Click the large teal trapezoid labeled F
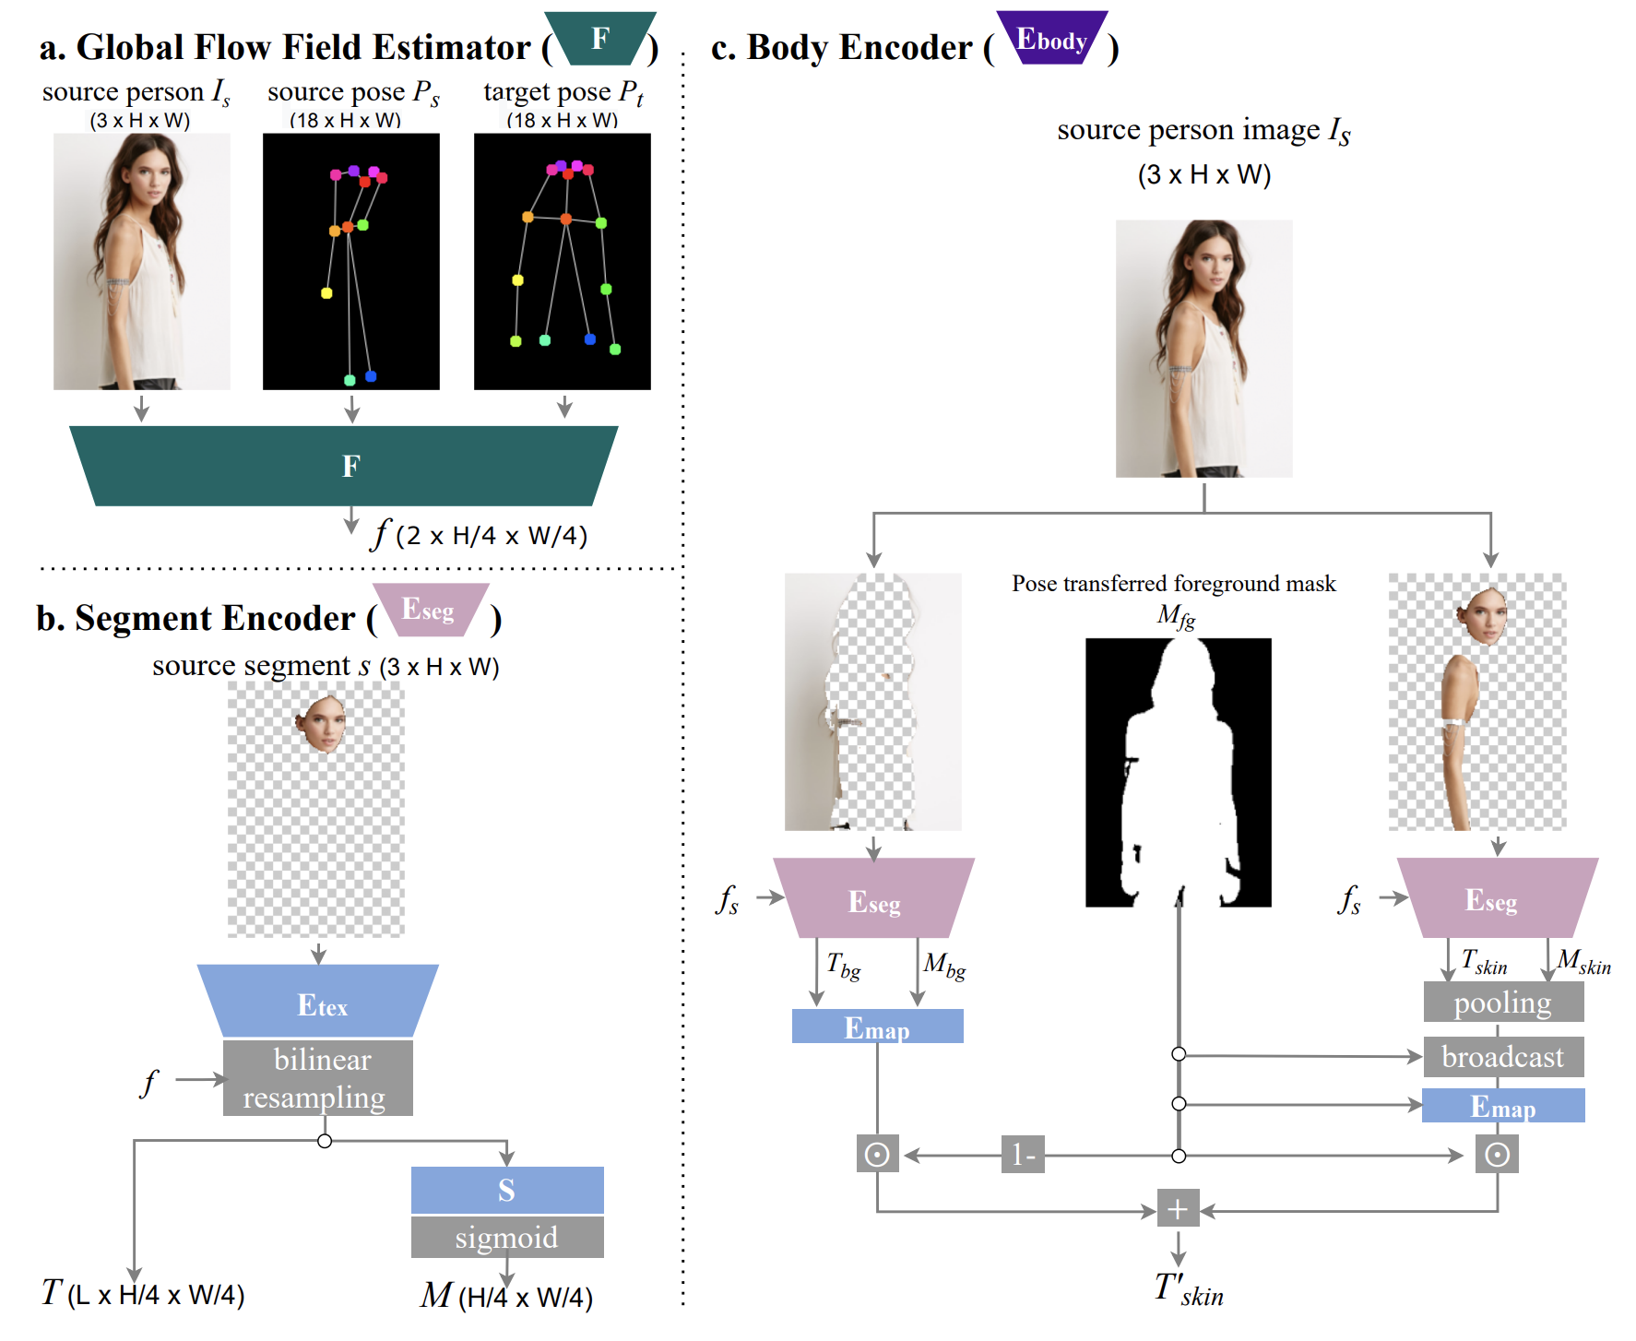click(x=343, y=466)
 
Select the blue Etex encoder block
click(x=318, y=1002)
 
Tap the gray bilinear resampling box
click(x=318, y=1078)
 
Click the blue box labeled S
click(x=507, y=1190)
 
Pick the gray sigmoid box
click(x=507, y=1237)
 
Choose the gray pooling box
click(x=1503, y=1003)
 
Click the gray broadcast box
click(x=1503, y=1057)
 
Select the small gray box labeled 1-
click(x=1023, y=1155)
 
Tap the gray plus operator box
click(x=1178, y=1208)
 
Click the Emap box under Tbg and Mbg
click(x=877, y=1027)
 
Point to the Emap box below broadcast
click(x=1503, y=1106)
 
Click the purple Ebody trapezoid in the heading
click(x=1052, y=39)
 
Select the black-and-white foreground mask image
click(x=1178, y=772)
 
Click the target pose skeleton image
click(x=562, y=261)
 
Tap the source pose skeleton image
click(x=350, y=261)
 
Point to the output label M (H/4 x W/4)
click(x=506, y=1297)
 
